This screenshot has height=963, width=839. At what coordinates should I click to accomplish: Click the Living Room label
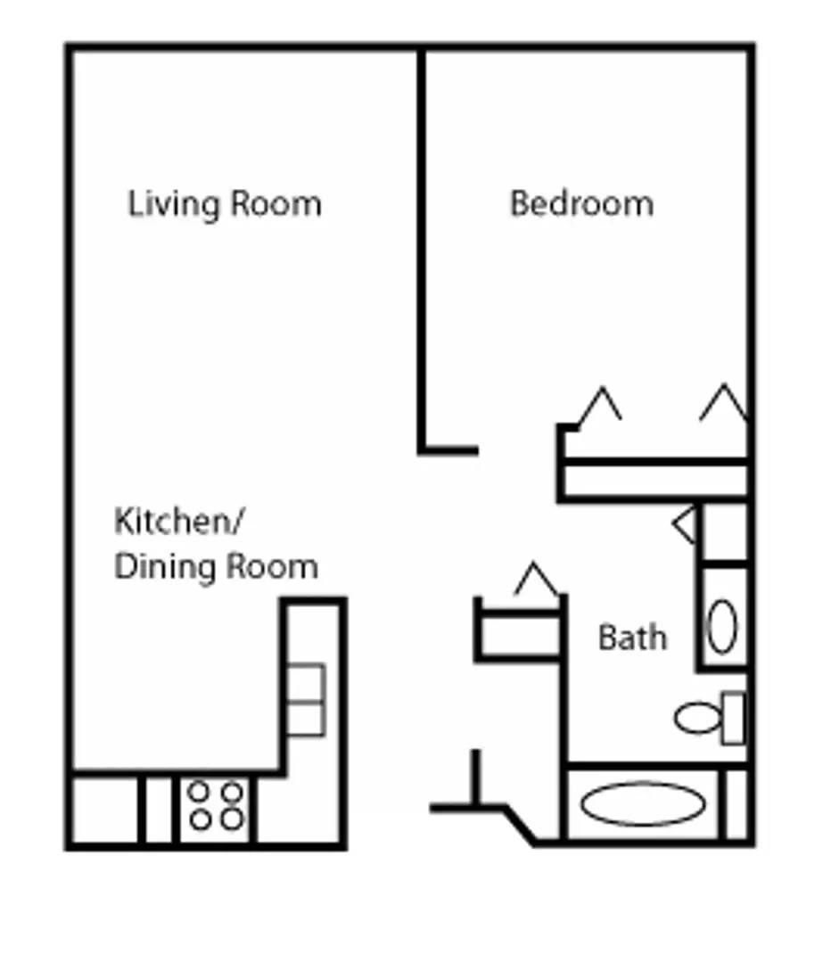click(225, 204)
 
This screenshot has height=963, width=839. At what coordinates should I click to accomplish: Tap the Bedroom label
click(581, 203)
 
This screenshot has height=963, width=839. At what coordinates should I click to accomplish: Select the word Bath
click(632, 638)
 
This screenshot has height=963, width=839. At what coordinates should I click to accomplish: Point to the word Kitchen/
click(177, 522)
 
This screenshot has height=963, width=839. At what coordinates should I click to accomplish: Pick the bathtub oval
click(643, 803)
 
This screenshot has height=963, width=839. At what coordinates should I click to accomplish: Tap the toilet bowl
click(697, 717)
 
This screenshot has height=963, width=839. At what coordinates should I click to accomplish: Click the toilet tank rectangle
click(733, 717)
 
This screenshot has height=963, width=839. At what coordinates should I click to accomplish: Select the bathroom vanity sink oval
click(722, 626)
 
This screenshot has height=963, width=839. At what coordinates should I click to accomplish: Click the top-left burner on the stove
click(200, 792)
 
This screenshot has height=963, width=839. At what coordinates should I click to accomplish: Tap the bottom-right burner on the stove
click(232, 819)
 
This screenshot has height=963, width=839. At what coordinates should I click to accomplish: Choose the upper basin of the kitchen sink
click(306, 684)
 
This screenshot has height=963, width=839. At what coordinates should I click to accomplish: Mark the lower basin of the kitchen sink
click(306, 719)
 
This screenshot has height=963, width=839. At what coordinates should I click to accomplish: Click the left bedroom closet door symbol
click(600, 406)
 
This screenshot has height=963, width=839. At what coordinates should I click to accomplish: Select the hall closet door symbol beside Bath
click(536, 581)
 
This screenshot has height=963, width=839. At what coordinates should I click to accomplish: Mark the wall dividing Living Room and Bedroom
click(421, 250)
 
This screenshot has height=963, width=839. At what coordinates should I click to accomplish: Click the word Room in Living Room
click(276, 204)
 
